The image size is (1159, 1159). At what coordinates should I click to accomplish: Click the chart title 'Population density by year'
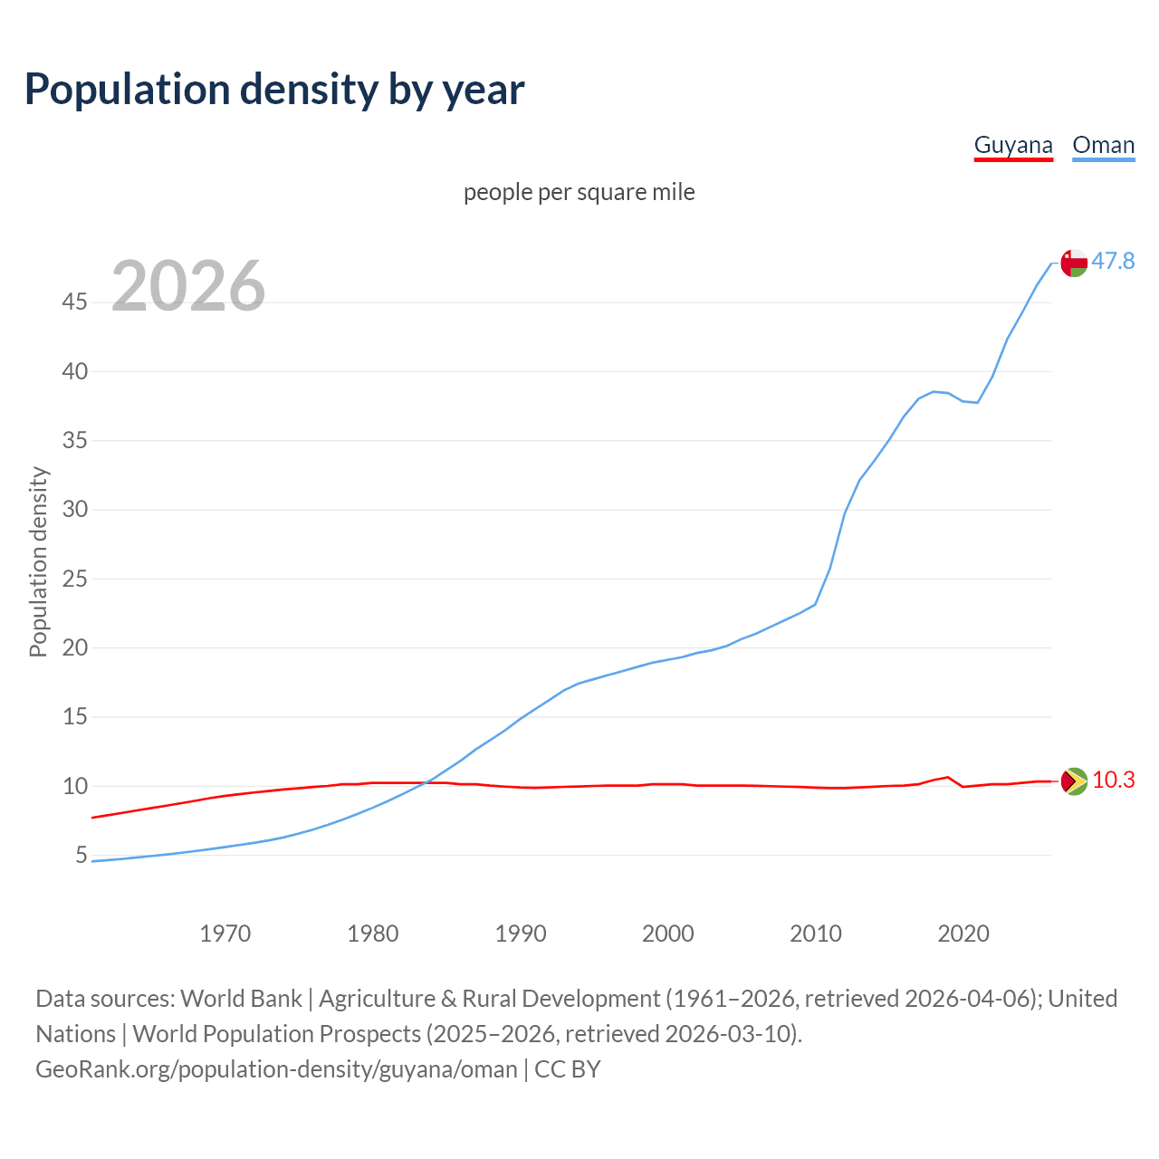coord(274,90)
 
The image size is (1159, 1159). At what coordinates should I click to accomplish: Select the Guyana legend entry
coord(1013,145)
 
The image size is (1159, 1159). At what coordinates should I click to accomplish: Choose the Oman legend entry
coord(1103,145)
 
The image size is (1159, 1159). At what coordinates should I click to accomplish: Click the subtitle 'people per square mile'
coord(579,193)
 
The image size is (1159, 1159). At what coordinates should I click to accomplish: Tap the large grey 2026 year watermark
coord(188,286)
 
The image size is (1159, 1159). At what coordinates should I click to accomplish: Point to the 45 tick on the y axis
coord(75,302)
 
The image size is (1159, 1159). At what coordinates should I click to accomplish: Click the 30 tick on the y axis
coord(75,509)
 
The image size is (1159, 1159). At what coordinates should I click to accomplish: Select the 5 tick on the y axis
coord(81,855)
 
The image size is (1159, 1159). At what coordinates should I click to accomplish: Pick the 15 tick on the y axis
coord(75,716)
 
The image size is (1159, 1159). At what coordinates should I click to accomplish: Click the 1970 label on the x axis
coord(225,934)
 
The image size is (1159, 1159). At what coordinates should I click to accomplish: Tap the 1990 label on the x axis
coord(521,934)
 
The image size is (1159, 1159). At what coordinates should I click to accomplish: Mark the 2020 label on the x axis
coord(963,934)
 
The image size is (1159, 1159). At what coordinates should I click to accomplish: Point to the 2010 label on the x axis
coord(816,934)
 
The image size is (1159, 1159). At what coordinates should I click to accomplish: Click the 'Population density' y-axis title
coord(38,561)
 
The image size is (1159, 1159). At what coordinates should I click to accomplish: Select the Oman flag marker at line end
coord(1074,263)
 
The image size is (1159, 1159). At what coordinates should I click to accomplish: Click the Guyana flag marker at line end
coord(1074,781)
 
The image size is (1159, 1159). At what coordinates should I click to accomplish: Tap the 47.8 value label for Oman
coord(1113,262)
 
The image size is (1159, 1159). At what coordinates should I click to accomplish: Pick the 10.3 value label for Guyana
coord(1113,780)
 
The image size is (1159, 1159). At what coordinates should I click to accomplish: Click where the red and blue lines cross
coord(426,782)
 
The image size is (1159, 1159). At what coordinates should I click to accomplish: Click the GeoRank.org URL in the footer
coord(276,1069)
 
